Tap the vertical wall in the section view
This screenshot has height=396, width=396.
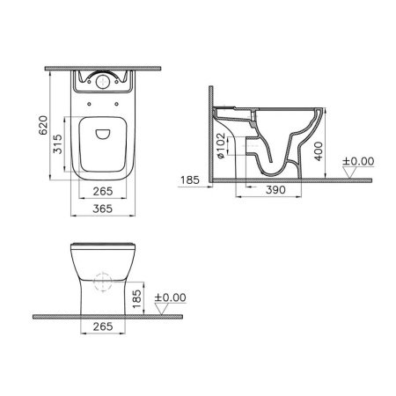215,132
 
